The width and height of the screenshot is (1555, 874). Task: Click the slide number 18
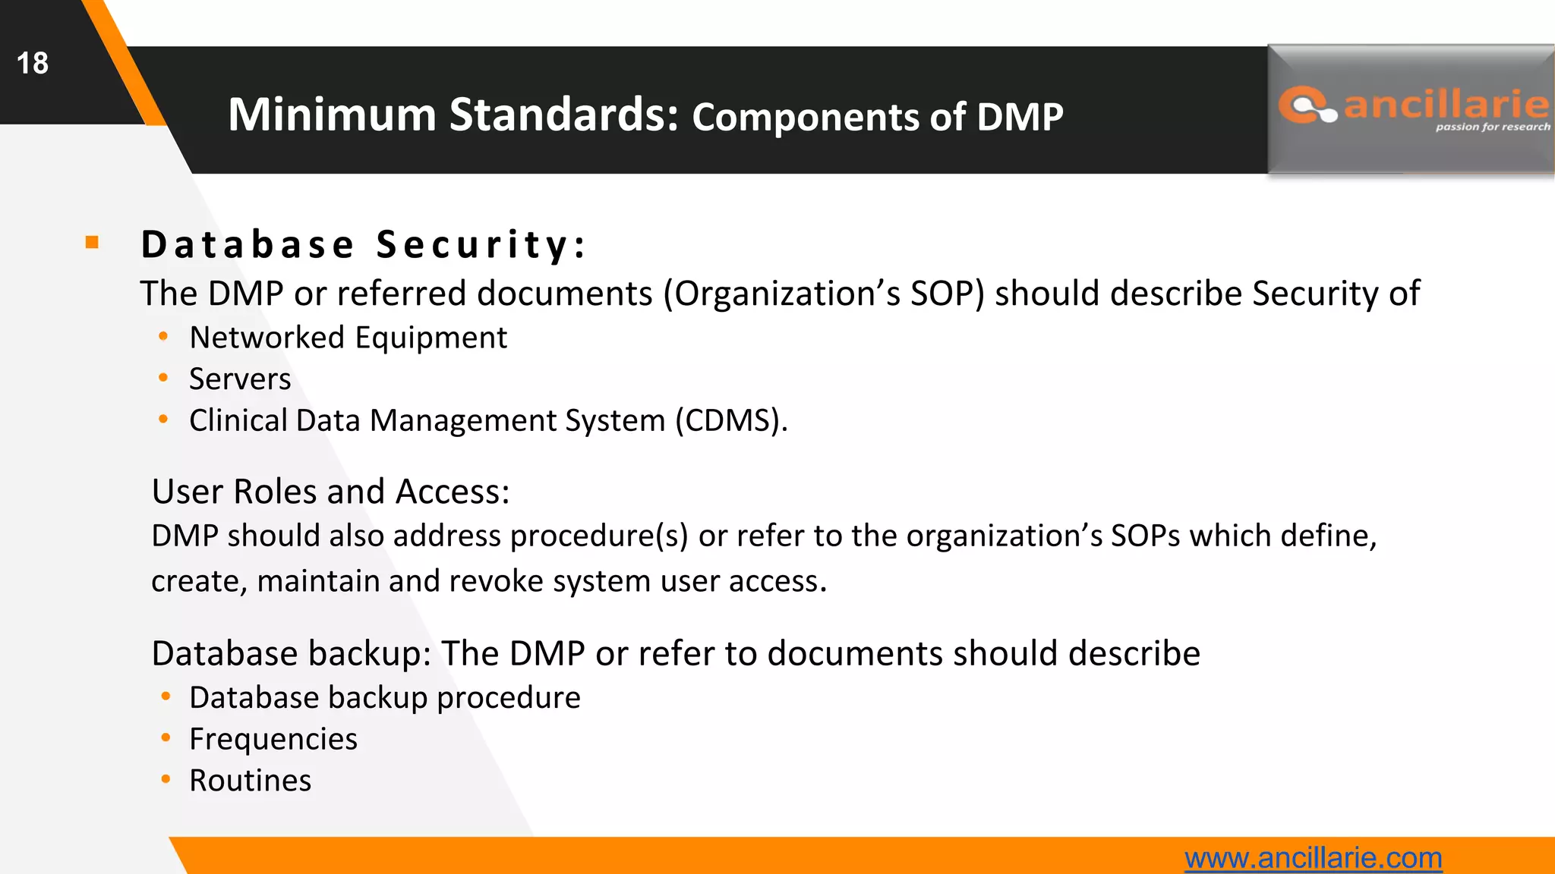tap(33, 63)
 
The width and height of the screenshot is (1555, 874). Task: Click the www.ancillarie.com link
tap(1313, 858)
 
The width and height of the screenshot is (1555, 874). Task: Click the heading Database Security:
tap(364, 244)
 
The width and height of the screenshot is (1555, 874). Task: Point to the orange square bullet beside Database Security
tap(93, 243)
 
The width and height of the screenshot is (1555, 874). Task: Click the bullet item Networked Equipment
tap(348, 338)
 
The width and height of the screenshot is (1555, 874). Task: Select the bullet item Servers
tap(240, 379)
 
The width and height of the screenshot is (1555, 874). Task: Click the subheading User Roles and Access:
tap(330, 492)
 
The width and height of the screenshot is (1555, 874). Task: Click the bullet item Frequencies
tap(273, 739)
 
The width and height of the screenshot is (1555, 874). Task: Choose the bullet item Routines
tap(251, 781)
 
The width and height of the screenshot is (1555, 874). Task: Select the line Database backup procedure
tap(385, 698)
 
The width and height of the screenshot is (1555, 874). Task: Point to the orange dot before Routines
tap(166, 779)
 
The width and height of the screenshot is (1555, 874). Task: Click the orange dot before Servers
tap(163, 378)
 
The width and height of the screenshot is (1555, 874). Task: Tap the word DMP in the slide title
tap(1020, 118)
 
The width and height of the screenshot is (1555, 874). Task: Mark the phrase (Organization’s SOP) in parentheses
tap(824, 294)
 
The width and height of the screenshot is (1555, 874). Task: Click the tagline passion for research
tap(1492, 127)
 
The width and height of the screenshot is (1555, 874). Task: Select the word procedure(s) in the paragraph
tap(599, 536)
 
